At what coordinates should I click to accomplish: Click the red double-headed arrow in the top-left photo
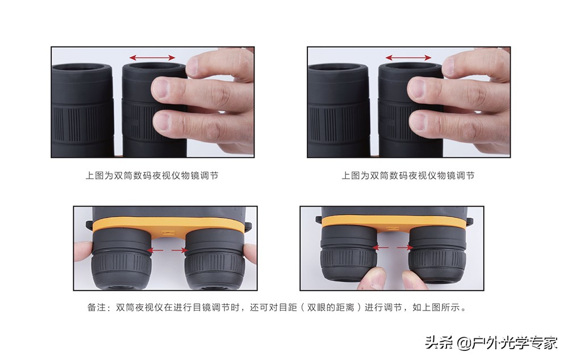[152, 57]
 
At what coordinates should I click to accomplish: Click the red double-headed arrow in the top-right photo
[408, 57]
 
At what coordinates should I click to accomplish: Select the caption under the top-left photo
[152, 175]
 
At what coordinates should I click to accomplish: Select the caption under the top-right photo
[408, 175]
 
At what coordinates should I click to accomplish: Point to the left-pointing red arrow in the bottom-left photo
[154, 250]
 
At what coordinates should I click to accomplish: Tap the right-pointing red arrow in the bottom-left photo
[179, 250]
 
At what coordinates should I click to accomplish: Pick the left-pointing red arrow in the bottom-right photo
[381, 248]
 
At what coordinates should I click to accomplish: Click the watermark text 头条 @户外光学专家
[491, 342]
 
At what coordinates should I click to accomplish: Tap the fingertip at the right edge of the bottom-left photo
[250, 253]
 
